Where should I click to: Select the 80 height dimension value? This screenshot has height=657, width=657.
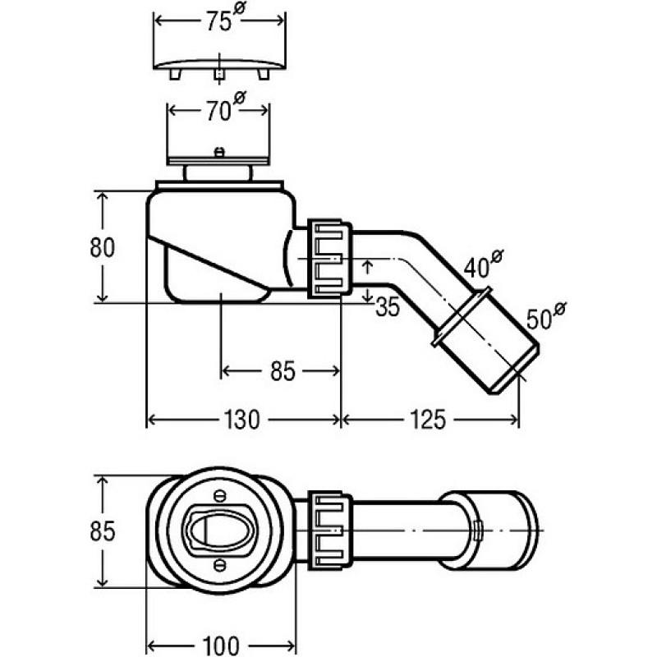click(102, 247)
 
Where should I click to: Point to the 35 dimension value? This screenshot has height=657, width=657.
click(388, 307)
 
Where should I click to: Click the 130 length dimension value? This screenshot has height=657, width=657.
click(241, 420)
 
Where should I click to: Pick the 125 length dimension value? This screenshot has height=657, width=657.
click(428, 420)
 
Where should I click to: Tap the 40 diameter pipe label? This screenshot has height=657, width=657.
click(483, 264)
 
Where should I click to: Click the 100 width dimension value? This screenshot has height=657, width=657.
click(221, 646)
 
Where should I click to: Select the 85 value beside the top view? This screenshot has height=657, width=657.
click(102, 531)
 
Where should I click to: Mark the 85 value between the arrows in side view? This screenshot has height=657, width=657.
click(283, 371)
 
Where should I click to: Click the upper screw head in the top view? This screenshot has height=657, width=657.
click(219, 496)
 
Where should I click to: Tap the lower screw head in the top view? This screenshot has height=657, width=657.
click(219, 565)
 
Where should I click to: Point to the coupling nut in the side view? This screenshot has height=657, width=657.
click(329, 259)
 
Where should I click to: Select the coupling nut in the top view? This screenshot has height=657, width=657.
click(329, 531)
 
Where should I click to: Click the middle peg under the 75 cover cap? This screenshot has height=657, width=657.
click(219, 74)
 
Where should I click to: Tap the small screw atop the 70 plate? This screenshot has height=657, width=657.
click(218, 152)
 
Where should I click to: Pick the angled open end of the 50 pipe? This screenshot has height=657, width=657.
click(516, 369)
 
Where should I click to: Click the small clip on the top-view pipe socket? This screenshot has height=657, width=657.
click(477, 531)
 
